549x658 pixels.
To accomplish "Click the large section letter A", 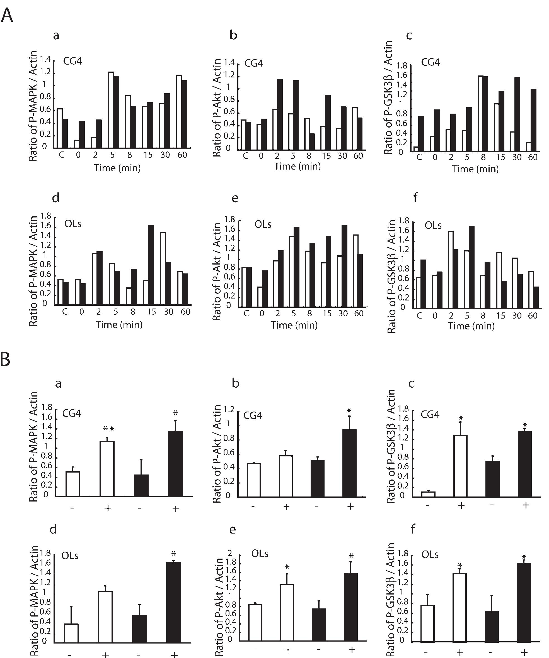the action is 7,15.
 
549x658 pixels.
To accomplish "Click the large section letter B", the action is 5,359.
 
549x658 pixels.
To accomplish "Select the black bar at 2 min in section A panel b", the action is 280,114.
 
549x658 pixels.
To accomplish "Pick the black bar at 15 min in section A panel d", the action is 151,265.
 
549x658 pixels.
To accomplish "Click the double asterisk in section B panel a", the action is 108,428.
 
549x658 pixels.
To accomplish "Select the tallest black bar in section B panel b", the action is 349,463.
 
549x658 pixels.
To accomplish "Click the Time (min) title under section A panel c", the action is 475,169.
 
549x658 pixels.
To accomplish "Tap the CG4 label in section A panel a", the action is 72,61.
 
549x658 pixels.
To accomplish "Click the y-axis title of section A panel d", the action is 33,271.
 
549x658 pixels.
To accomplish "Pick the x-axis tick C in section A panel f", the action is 419,315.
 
